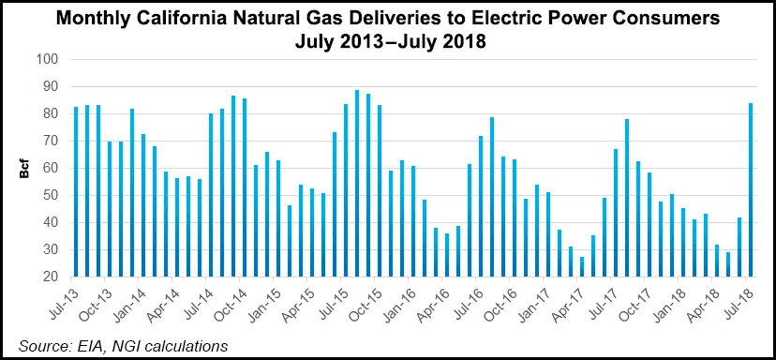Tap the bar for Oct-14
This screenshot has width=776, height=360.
245,187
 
